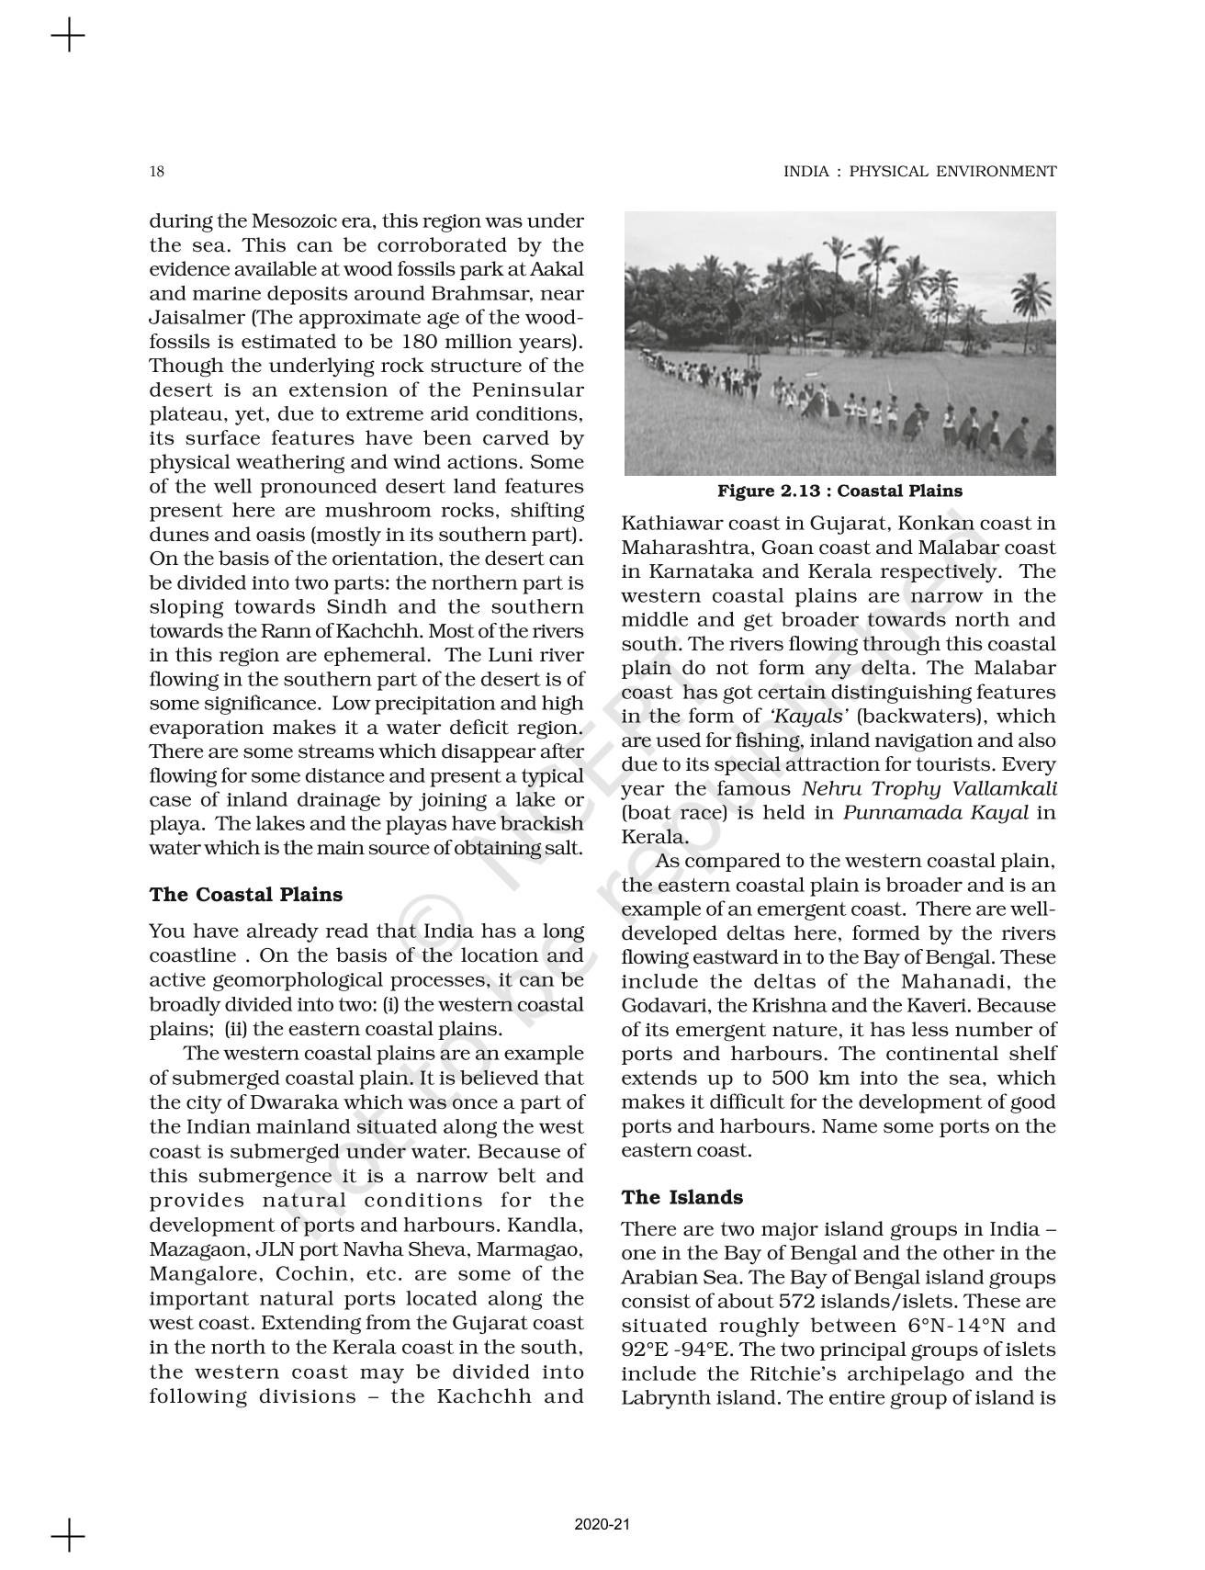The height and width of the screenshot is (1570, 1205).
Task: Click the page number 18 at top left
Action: click(156, 172)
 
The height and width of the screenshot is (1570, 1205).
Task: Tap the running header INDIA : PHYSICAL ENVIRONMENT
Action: click(919, 172)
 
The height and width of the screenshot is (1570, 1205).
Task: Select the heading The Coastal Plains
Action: click(245, 895)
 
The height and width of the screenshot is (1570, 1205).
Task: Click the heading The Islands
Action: click(681, 1197)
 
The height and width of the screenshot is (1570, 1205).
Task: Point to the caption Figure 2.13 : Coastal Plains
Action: click(839, 491)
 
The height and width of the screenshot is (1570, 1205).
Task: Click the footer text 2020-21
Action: click(602, 1525)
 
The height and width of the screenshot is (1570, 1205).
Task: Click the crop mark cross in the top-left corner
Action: click(68, 38)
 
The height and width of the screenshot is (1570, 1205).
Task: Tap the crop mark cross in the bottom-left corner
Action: click(68, 1535)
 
